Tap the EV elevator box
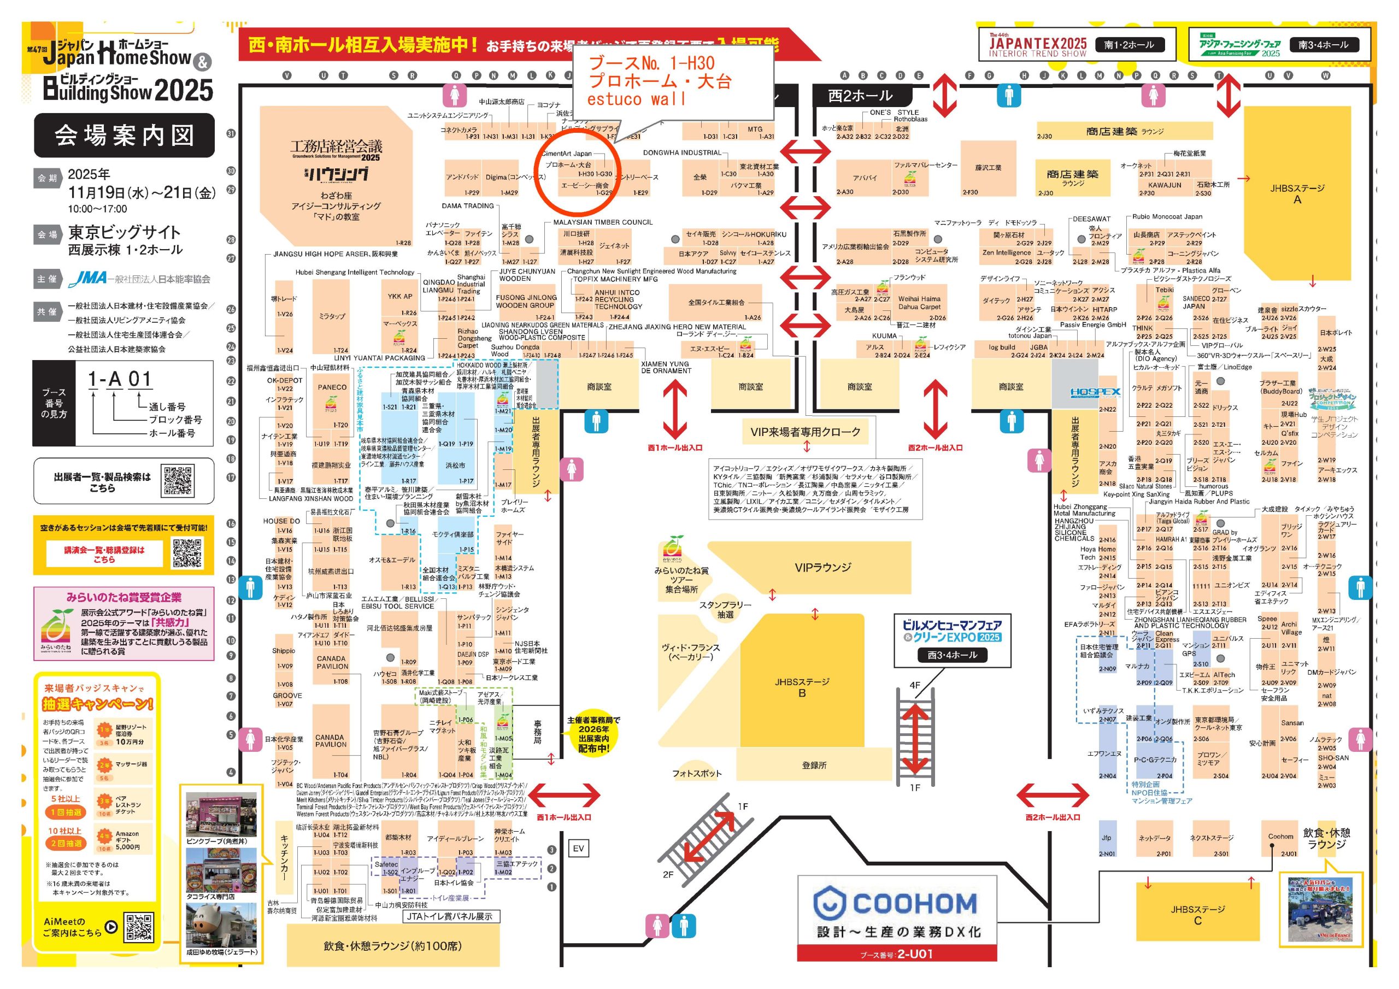coord(578,848)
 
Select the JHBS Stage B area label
coord(802,687)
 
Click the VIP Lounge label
coord(822,567)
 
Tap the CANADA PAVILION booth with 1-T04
coord(331,741)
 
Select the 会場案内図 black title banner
coord(124,136)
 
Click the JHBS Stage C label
coord(1197,915)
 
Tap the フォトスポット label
coord(696,773)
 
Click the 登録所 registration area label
coord(814,765)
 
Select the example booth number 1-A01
coord(120,379)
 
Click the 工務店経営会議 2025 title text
coord(336,148)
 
